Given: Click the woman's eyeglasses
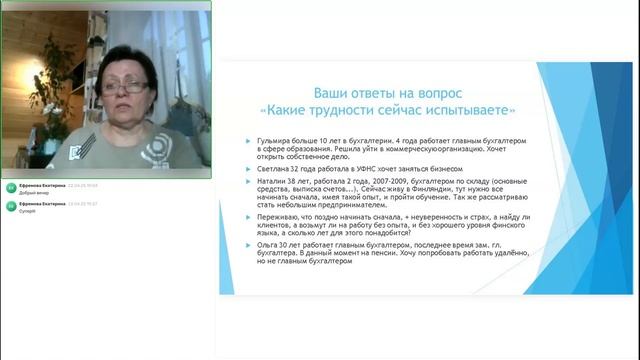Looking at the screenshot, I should pyautogui.click(x=119, y=88).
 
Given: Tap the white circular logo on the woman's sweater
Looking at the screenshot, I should pyautogui.click(x=152, y=148).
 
